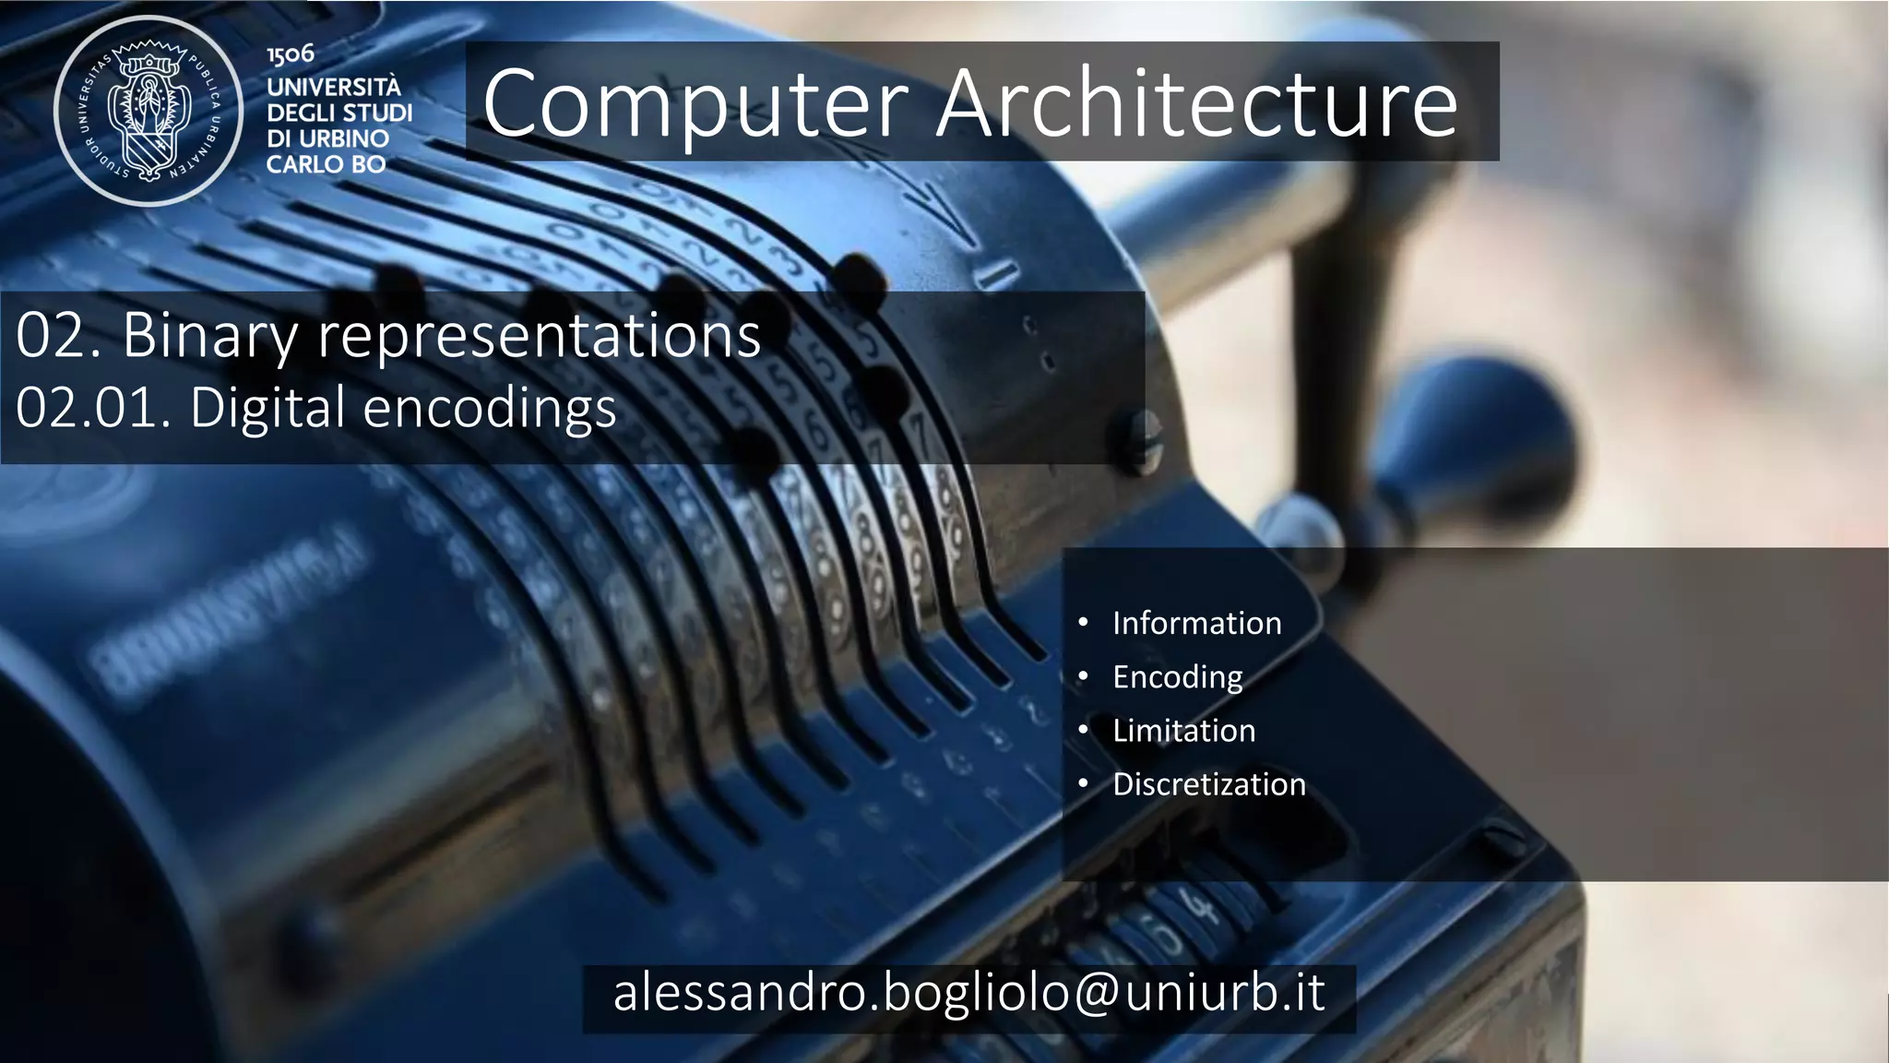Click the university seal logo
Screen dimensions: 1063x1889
[149, 111]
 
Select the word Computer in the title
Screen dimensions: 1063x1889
[695, 103]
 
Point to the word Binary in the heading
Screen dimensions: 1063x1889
[210, 336]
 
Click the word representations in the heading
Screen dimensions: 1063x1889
[540, 336]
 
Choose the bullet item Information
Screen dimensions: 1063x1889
[1196, 624]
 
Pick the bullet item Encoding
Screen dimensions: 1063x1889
[1177, 677]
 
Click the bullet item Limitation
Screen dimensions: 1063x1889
[1183, 731]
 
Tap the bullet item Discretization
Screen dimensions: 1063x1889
[1208, 784]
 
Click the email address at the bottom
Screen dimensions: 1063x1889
[968, 994]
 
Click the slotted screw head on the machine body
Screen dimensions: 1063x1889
[1142, 442]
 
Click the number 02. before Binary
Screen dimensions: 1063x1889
[58, 336]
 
